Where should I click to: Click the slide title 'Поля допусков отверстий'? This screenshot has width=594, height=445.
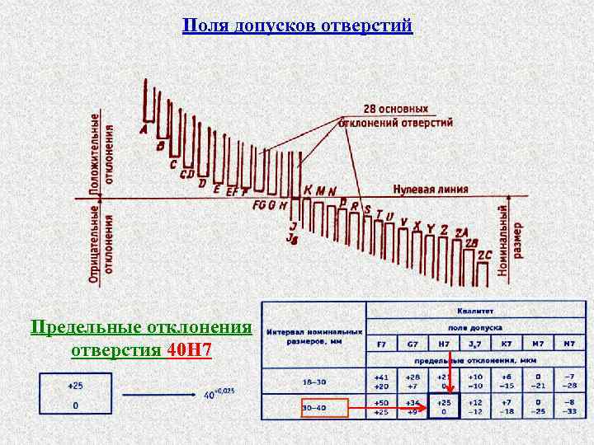296,26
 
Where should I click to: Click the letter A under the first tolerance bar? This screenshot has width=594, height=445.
144,129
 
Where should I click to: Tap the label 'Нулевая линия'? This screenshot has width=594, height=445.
430,189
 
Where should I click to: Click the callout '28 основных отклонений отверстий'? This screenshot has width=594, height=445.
397,116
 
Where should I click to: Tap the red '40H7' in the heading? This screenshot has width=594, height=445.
189,350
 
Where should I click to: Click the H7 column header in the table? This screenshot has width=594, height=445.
444,343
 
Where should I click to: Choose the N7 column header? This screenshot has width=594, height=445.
568,343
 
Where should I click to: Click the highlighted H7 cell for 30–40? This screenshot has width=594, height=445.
444,406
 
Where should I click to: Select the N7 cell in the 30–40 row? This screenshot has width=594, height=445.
568,406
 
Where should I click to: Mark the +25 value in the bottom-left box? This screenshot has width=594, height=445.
75,386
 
